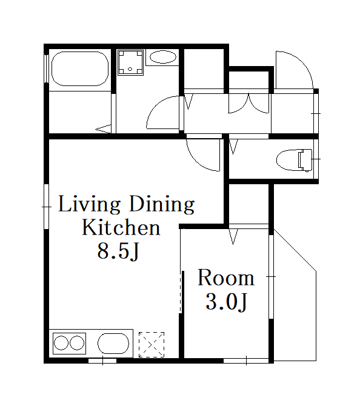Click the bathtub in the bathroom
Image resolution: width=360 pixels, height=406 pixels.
coord(80,68)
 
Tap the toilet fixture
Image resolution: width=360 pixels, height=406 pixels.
coord(294,160)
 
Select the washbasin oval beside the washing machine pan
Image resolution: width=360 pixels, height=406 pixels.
coord(163,57)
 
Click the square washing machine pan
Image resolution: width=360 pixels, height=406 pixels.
coord(130,62)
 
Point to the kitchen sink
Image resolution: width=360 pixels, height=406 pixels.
coord(113,344)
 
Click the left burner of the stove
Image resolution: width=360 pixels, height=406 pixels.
coord(61,343)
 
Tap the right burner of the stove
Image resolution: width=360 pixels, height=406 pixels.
coord(77,343)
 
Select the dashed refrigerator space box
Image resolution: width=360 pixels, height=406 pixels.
coord(152,345)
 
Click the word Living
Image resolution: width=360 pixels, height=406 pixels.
coord(90,205)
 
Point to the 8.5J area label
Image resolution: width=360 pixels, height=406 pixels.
coord(118,251)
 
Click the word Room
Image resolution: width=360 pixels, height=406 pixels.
coord(226,278)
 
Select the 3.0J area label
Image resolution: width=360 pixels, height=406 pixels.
coord(226,302)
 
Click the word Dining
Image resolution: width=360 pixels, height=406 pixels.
coord(162,205)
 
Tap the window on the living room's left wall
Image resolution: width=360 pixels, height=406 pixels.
coord(47,207)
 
